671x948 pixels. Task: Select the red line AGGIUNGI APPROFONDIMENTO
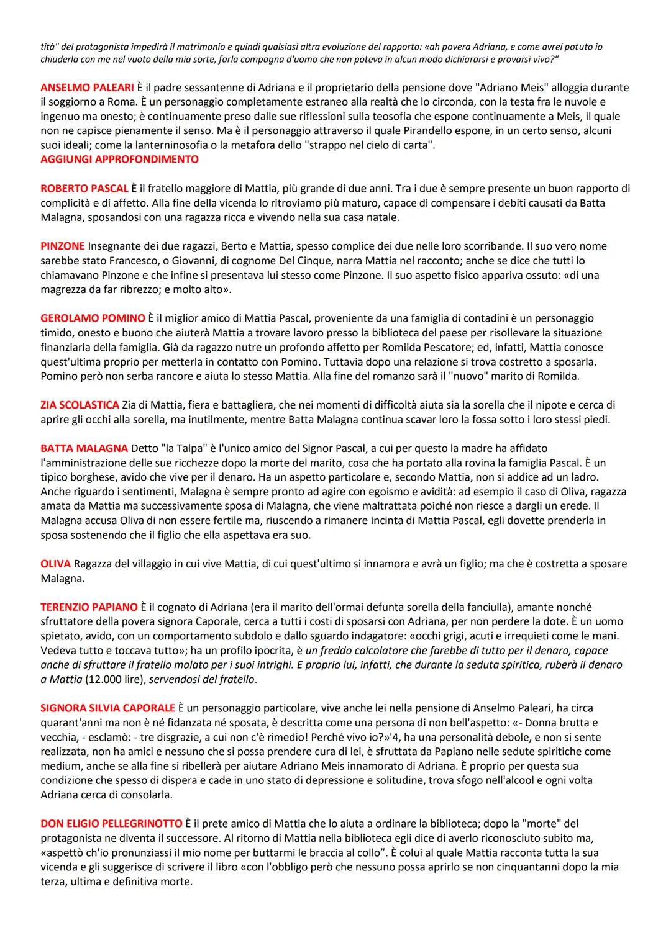(x=119, y=160)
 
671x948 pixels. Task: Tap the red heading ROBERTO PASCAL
(x=84, y=188)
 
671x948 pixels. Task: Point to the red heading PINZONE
(x=62, y=246)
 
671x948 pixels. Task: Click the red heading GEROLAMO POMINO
(x=93, y=318)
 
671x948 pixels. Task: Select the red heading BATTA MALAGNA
(x=84, y=448)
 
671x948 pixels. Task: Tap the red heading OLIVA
(x=55, y=564)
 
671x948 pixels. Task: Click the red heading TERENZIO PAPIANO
(x=89, y=607)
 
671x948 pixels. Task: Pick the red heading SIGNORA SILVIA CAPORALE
(x=107, y=708)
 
